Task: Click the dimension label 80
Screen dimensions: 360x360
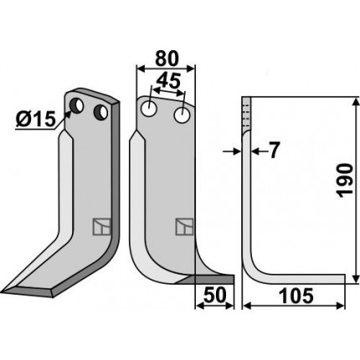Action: pos(167,59)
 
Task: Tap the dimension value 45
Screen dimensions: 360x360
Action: pos(168,81)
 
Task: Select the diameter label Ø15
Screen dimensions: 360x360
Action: pos(35,120)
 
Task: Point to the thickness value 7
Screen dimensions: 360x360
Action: pos(274,150)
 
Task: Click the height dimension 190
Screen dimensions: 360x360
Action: pos(346,181)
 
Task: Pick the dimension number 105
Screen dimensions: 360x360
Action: pos(296,296)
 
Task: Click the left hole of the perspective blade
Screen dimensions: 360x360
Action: pos(76,105)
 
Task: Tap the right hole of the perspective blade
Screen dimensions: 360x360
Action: pos(100,112)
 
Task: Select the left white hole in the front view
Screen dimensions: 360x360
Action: pos(149,109)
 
